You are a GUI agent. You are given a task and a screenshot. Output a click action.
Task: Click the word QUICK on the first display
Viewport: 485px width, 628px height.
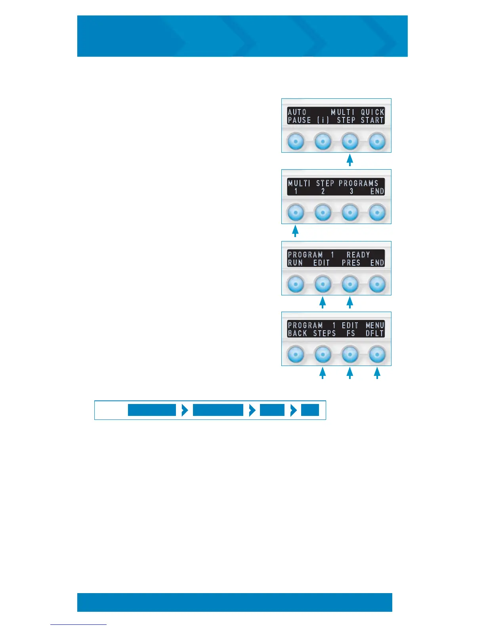pyautogui.click(x=372, y=112)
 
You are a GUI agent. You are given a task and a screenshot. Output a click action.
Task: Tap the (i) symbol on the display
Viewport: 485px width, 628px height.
pyautogui.click(x=323, y=120)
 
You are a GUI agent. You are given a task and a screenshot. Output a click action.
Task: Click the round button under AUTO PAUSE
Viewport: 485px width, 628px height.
pyautogui.click(x=295, y=141)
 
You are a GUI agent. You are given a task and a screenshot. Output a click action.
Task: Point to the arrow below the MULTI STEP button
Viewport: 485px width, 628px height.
pyautogui.click(x=349, y=160)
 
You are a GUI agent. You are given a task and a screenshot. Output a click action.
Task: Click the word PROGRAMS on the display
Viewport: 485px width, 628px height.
pyautogui.click(x=358, y=183)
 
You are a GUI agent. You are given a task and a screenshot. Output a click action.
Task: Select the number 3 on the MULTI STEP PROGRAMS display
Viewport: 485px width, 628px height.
pyautogui.click(x=351, y=191)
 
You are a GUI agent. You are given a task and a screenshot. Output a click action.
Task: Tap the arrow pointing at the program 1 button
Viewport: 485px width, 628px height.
pyautogui.click(x=295, y=231)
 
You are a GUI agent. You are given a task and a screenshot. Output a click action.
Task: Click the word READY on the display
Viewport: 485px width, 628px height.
pyautogui.click(x=358, y=255)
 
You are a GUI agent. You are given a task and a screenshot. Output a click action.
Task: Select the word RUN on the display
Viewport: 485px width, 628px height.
pyautogui.click(x=295, y=262)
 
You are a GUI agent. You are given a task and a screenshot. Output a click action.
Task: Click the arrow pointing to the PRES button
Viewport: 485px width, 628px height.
pyautogui.click(x=349, y=302)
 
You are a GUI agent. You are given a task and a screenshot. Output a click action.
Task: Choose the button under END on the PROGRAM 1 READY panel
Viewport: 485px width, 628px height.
pyautogui.click(x=377, y=284)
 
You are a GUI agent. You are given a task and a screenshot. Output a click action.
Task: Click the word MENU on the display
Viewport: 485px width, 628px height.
pyautogui.click(x=375, y=325)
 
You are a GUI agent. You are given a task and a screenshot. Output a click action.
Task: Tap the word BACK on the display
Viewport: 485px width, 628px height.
pyautogui.click(x=297, y=333)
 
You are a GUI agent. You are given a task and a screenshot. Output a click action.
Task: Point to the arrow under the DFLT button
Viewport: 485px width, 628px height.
pyautogui.click(x=377, y=373)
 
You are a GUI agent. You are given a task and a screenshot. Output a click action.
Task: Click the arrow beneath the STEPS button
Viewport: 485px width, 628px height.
pyautogui.click(x=323, y=373)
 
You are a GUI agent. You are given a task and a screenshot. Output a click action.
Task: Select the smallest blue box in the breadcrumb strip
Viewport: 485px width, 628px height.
pyautogui.click(x=310, y=410)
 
